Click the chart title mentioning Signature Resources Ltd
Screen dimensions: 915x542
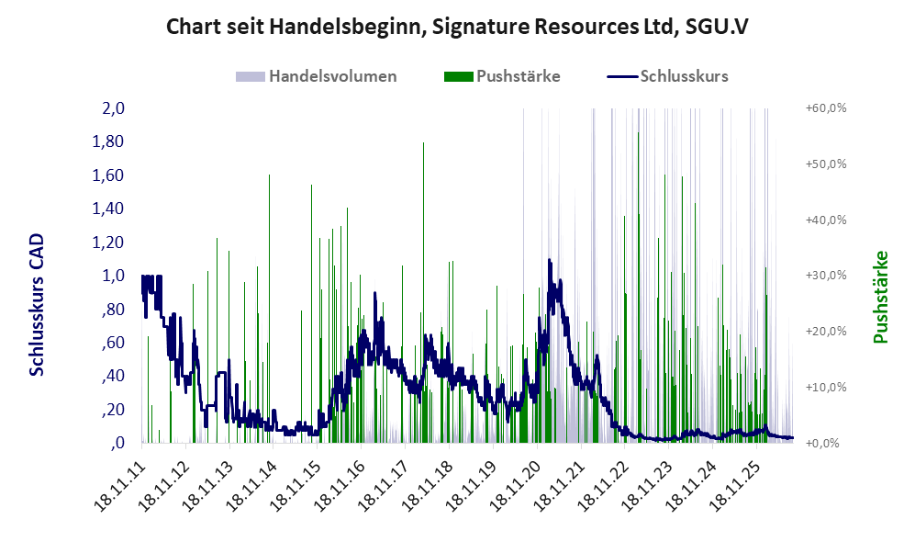point(457,27)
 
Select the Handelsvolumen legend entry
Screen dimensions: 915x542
point(317,76)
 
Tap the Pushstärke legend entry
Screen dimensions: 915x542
point(502,76)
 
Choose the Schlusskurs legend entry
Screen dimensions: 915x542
point(667,76)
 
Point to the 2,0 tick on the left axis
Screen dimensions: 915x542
point(114,108)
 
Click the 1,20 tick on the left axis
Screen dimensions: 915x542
point(108,242)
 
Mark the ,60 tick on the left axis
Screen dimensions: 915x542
point(114,343)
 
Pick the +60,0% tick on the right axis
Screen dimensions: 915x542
point(826,108)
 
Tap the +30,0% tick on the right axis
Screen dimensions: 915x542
point(826,275)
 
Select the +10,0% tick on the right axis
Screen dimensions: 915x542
point(826,387)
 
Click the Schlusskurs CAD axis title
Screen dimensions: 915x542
point(37,304)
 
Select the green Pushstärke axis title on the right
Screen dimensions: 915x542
point(880,297)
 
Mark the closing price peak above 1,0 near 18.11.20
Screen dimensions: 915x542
point(549,261)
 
